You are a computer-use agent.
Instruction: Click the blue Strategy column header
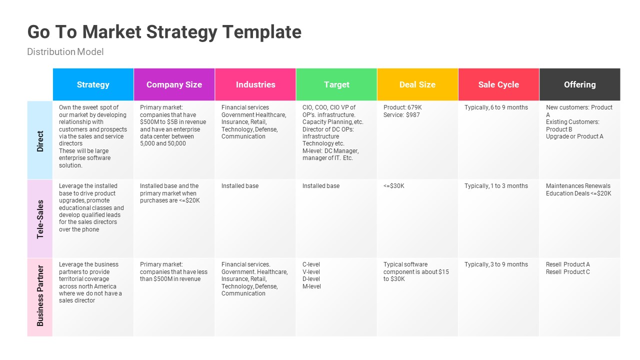click(x=93, y=84)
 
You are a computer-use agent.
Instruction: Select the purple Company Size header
click(x=174, y=84)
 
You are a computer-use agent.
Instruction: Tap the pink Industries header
click(x=255, y=84)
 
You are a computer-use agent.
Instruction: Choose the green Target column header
click(x=336, y=84)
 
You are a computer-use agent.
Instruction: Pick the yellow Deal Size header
click(x=417, y=84)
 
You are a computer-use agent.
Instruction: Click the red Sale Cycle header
click(x=498, y=84)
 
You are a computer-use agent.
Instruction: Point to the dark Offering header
click(x=579, y=84)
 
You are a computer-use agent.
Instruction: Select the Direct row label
click(x=40, y=141)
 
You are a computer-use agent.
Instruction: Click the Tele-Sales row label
click(x=40, y=219)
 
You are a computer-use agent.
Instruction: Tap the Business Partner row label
click(x=40, y=296)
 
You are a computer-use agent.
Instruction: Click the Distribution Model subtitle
click(x=65, y=52)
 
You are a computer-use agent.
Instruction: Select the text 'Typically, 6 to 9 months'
click(x=496, y=107)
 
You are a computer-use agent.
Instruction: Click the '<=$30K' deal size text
click(x=394, y=186)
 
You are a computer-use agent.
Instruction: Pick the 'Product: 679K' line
click(x=402, y=107)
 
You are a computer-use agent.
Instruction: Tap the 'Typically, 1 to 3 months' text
click(x=496, y=186)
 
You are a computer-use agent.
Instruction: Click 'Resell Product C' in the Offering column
click(x=567, y=272)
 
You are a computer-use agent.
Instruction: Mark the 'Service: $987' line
click(x=401, y=115)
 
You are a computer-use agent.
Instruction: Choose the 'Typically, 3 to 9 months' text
click(x=496, y=264)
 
